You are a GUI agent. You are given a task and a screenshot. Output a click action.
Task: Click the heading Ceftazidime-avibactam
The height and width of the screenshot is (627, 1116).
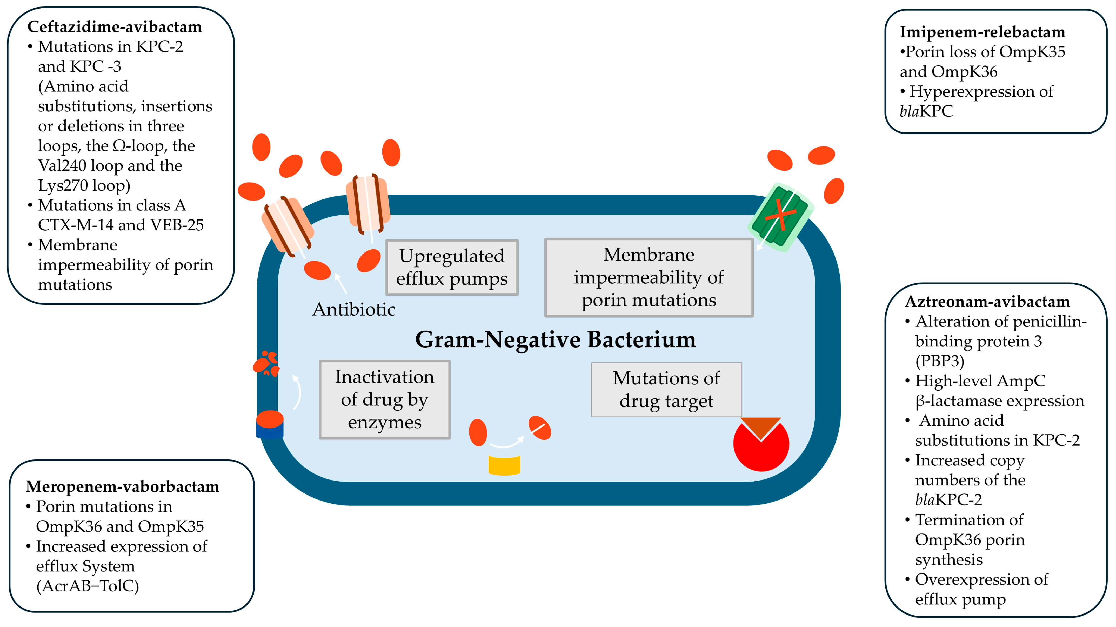(x=114, y=27)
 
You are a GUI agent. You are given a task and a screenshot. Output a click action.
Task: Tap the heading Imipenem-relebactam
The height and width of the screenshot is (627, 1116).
(x=982, y=32)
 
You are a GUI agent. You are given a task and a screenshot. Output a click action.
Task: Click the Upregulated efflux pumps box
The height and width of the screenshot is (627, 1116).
(x=452, y=267)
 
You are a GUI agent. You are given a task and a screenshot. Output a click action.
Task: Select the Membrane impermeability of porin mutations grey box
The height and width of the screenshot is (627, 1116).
(x=649, y=277)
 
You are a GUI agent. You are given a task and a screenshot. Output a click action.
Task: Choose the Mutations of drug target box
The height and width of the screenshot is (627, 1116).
(x=666, y=390)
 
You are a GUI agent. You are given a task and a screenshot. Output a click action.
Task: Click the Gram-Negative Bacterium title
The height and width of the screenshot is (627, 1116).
(x=555, y=339)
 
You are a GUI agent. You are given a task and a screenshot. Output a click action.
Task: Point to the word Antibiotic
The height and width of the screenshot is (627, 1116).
(x=353, y=309)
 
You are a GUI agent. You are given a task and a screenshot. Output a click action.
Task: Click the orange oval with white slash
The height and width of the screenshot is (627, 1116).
(x=539, y=428)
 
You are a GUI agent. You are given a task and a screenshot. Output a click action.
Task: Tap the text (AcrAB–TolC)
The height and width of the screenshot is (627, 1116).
(x=88, y=586)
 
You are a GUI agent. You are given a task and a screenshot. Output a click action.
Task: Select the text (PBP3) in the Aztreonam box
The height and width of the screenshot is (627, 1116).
(x=940, y=361)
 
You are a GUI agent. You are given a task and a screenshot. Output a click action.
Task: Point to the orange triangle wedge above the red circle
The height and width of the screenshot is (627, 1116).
(x=761, y=426)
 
